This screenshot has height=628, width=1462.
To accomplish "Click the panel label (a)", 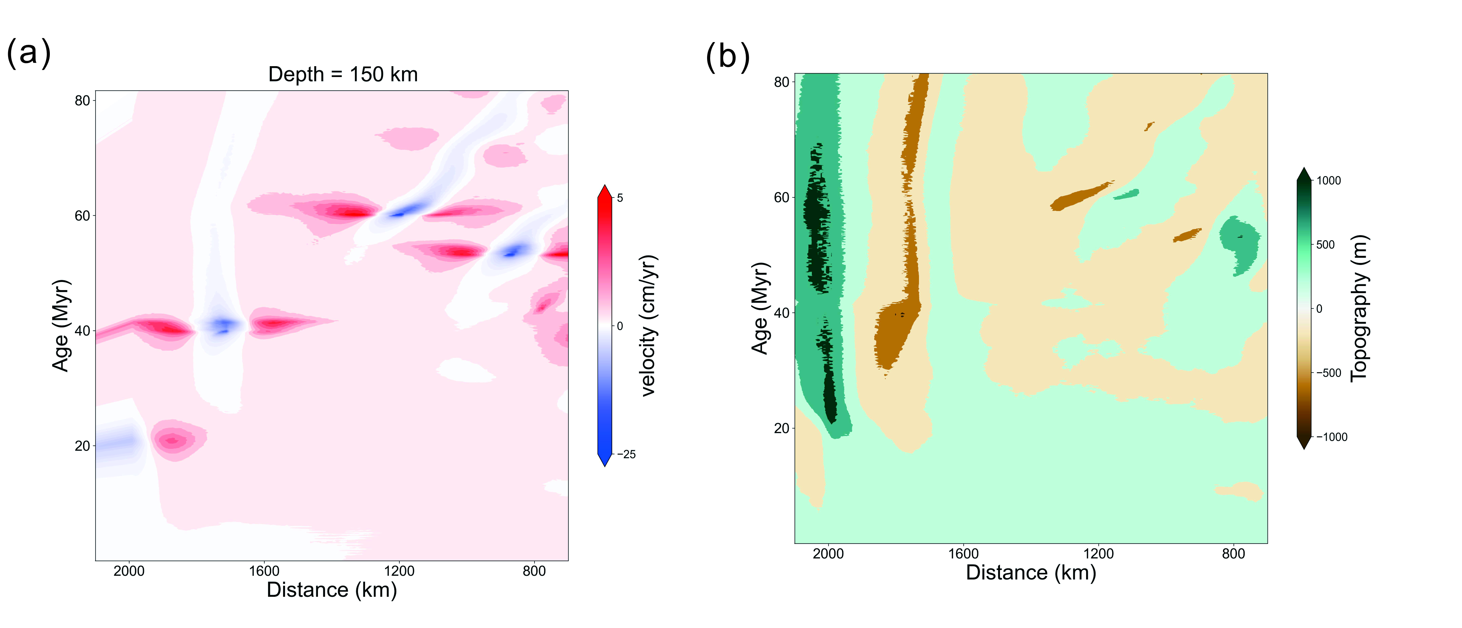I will coord(28,53).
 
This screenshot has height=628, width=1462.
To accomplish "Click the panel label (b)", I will coord(727,57).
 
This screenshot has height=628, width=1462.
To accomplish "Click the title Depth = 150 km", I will coord(343,74).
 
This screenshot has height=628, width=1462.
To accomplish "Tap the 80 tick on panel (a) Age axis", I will coord(82,100).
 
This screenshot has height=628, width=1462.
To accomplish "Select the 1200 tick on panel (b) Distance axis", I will coord(1098,554).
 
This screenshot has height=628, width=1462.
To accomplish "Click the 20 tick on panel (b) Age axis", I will coord(782,428).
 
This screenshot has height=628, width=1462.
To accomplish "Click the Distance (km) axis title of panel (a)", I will coord(332,590).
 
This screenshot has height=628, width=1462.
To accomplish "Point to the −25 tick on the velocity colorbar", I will coord(626,454).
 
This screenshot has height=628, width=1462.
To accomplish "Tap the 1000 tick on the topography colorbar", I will coord(1329,180).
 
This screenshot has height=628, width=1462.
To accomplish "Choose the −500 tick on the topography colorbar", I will coord(1329,373).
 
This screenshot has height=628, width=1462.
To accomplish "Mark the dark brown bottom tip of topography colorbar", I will coord(1304,444).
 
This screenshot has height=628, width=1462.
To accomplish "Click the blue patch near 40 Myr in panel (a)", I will coord(223,325).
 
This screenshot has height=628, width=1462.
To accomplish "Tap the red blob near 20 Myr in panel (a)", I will coord(174,440).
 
